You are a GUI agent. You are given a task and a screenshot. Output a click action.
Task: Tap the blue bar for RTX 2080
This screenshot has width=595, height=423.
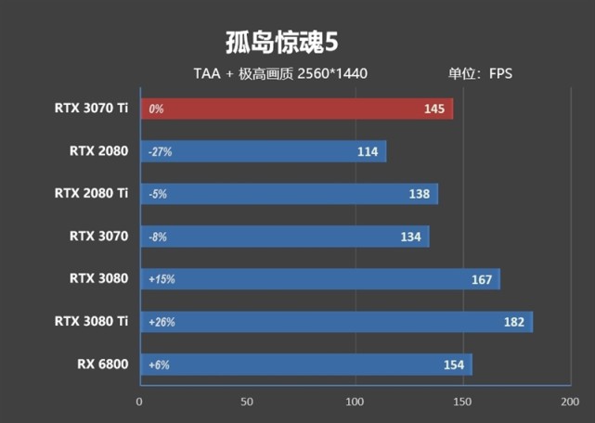pos(263,151)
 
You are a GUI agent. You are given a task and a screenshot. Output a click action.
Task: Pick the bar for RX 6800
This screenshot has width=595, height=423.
pos(306,365)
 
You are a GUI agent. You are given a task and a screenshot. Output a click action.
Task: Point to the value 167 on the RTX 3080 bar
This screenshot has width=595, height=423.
pos(481,279)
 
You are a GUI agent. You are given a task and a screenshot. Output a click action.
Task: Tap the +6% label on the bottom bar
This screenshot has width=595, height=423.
pos(158,365)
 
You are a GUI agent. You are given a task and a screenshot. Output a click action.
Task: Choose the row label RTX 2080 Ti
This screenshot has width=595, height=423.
pos(90,193)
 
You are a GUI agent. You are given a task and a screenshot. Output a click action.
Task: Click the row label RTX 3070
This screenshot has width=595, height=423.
pos(97,236)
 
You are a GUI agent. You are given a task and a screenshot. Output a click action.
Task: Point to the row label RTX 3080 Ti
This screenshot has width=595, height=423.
pos(90,321)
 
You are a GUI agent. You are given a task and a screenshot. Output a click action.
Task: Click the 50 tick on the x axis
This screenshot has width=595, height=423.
pos(247,402)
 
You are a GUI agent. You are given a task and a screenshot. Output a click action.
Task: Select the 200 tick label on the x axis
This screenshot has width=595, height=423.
pos(569,402)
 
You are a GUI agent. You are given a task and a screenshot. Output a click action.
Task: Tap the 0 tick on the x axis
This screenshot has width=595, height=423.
pos(140,402)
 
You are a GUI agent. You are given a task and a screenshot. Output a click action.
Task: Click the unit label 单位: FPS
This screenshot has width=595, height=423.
pos(480,74)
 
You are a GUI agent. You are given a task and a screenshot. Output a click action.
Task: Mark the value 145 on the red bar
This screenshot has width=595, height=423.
pos(433,109)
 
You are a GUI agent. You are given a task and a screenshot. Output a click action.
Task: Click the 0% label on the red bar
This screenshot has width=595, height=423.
pos(155,109)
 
